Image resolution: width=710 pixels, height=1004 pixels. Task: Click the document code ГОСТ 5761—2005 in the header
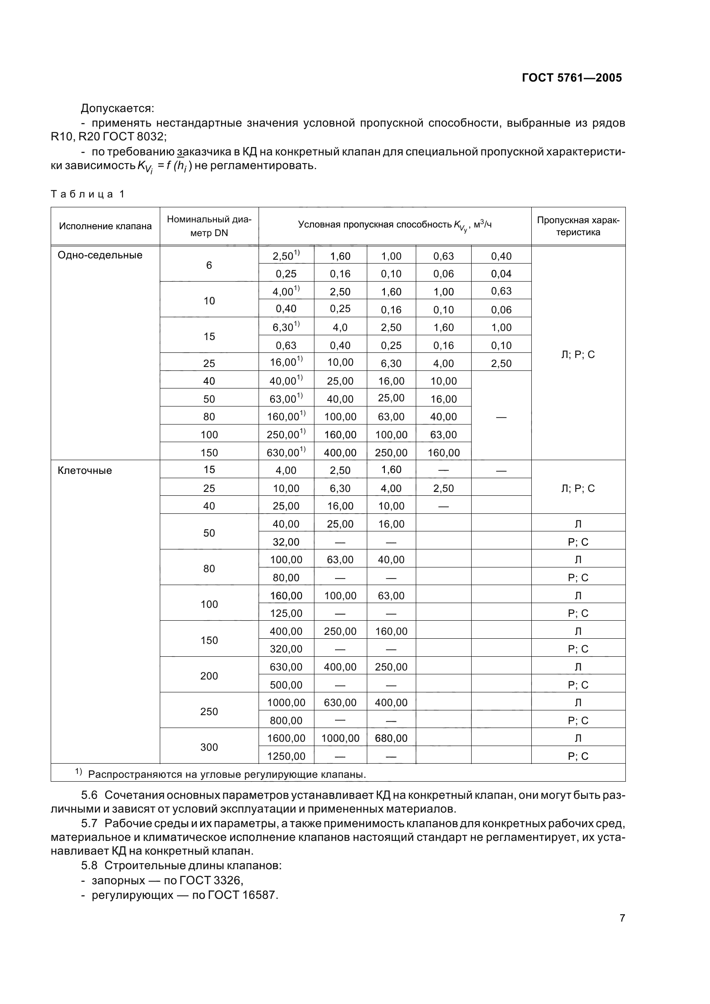(x=572, y=78)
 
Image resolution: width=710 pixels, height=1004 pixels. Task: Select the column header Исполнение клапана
(x=105, y=226)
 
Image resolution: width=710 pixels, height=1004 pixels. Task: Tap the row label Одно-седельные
(x=100, y=255)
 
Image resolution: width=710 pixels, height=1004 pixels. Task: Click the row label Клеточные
(x=85, y=470)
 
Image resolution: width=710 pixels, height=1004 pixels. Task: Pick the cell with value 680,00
(x=391, y=738)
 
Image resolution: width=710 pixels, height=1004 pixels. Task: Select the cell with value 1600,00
(x=286, y=738)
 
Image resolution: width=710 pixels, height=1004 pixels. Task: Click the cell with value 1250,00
(x=286, y=756)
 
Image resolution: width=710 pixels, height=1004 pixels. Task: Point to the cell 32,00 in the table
(x=286, y=542)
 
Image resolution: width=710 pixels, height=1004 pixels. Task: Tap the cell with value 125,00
(x=286, y=613)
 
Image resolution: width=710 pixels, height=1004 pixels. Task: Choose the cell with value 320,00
(x=286, y=649)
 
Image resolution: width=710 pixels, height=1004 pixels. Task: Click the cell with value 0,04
(x=501, y=274)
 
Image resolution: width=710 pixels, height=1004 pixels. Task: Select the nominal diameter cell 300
(x=209, y=747)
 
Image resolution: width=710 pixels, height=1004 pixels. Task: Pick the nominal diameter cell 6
(x=209, y=265)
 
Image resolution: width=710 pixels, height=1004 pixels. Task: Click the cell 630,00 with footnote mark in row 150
(x=286, y=452)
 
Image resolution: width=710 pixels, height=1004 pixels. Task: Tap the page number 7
(x=622, y=918)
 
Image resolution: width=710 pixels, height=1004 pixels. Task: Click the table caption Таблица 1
(x=88, y=194)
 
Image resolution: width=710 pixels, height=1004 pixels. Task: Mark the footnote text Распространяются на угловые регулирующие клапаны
(x=227, y=775)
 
